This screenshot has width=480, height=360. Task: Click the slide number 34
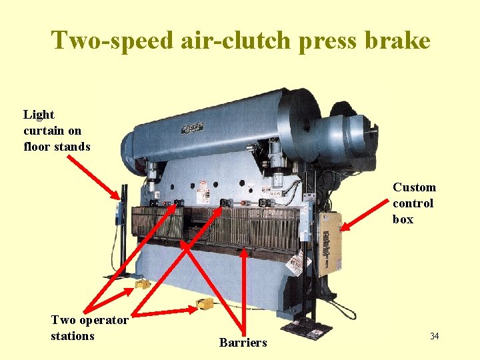click(x=434, y=336)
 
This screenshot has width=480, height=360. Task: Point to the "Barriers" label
click(x=243, y=343)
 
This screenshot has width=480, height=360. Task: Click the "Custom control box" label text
click(x=414, y=203)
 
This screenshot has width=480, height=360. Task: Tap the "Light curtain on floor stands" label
click(x=56, y=131)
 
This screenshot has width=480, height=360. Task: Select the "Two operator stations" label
click(x=89, y=328)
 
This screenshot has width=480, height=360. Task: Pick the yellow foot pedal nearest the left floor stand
click(x=142, y=285)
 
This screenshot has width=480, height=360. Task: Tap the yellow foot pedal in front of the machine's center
click(x=204, y=305)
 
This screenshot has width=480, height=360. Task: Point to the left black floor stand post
click(x=124, y=227)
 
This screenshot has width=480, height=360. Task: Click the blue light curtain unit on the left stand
click(x=119, y=213)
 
